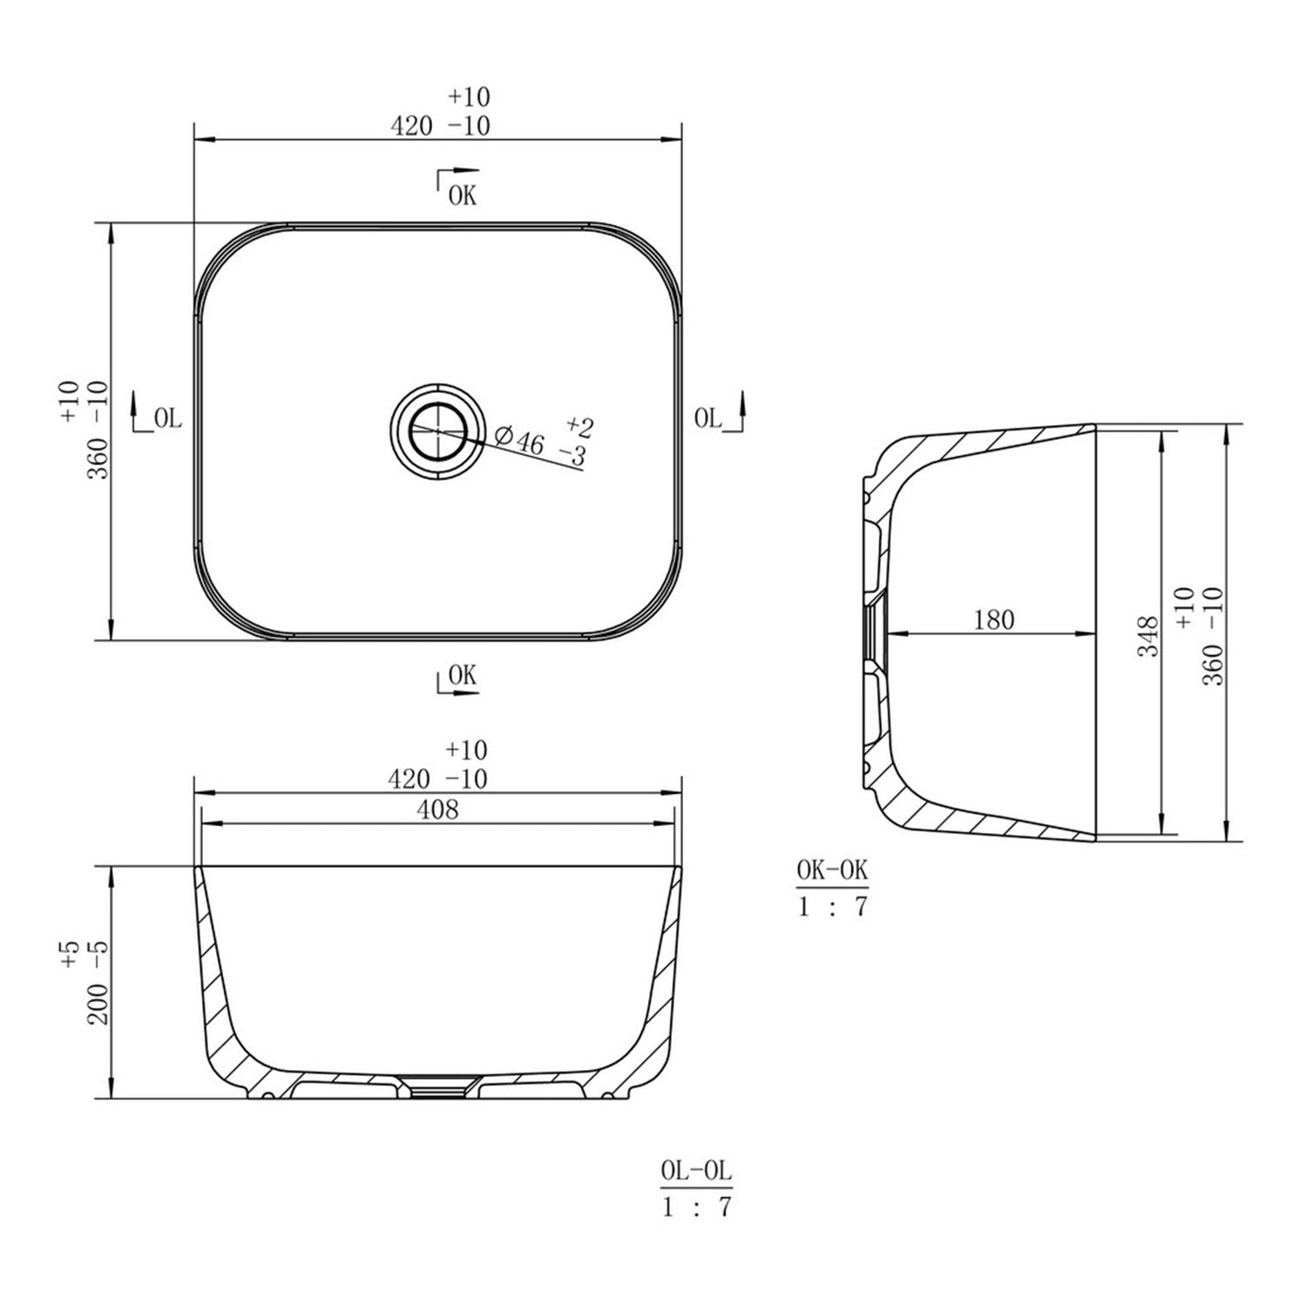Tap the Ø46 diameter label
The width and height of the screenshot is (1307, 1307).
pos(519,439)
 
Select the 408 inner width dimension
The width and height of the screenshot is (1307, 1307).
pos(437,809)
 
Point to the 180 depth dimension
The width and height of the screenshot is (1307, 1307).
pos(993,620)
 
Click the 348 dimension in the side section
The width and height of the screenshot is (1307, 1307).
pos(1148,635)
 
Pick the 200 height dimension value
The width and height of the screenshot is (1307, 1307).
pos(98,1002)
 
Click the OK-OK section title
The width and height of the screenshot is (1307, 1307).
pos(832,870)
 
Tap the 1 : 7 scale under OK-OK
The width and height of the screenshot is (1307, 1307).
pos(832,906)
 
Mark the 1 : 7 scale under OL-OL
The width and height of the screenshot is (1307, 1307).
pos(695,1207)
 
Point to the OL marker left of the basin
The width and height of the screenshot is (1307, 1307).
pos(166,419)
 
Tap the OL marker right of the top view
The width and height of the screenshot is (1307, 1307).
pos(708,418)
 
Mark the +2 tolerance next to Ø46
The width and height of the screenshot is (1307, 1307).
pos(579,427)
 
